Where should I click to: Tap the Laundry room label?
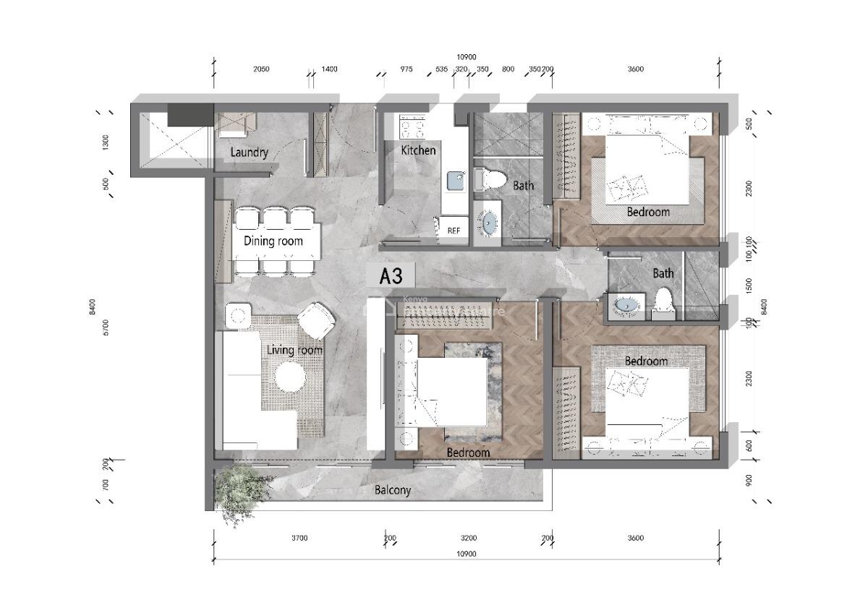pyautogui.click(x=249, y=153)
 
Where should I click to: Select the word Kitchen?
pyautogui.click(x=419, y=150)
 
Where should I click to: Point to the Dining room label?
pyautogui.click(x=273, y=241)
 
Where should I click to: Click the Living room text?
pyautogui.click(x=294, y=350)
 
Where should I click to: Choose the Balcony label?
pyautogui.click(x=393, y=490)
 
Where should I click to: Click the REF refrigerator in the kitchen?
pyautogui.click(x=454, y=230)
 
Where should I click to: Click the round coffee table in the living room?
pyautogui.click(x=290, y=377)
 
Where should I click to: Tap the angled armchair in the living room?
pyautogui.click(x=315, y=320)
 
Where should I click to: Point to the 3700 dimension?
pyautogui.click(x=299, y=538)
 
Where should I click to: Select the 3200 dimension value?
pyautogui.click(x=469, y=538)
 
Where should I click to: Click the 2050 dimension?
pyautogui.click(x=261, y=69)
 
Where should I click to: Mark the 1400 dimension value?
pyautogui.click(x=329, y=69)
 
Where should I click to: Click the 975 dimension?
pyautogui.click(x=407, y=69)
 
